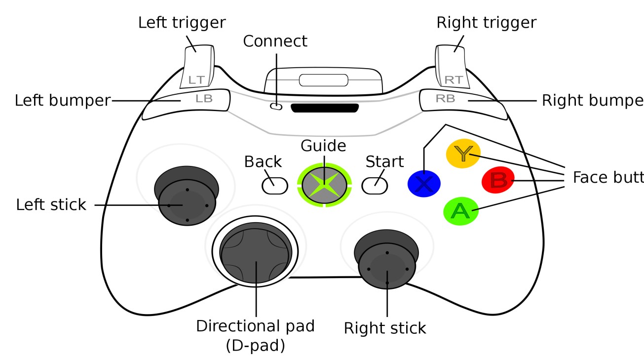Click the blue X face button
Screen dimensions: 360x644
point(424,184)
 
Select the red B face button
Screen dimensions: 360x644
point(498,181)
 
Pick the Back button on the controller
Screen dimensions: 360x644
point(275,185)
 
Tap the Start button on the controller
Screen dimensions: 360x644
point(375,185)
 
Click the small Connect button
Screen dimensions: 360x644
point(277,106)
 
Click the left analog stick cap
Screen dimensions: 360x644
point(187,204)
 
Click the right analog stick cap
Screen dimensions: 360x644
point(387,268)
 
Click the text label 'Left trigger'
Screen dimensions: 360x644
point(182,22)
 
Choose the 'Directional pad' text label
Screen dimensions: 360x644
point(255,326)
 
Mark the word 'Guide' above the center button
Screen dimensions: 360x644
point(323,146)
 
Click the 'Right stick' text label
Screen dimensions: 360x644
point(385,328)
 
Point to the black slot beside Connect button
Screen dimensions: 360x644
point(325,108)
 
